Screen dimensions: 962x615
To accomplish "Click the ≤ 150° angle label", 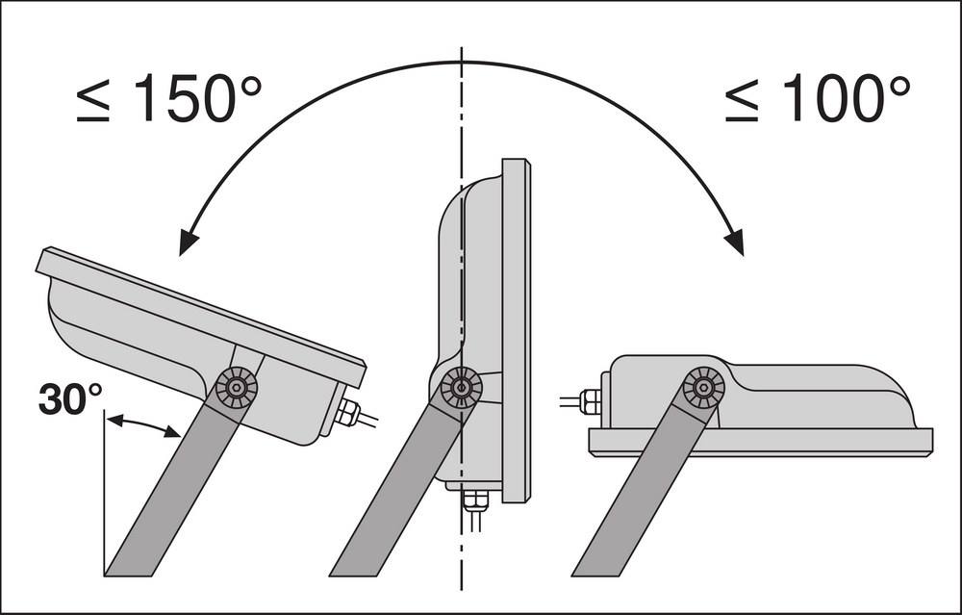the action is [169, 98].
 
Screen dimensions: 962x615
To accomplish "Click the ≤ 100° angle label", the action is [817, 98].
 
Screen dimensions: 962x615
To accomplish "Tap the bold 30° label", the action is [70, 399].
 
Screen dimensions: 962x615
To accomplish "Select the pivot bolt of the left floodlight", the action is [237, 387].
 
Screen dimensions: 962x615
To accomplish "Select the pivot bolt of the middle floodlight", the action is [461, 387].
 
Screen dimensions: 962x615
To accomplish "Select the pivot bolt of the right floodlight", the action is [704, 387].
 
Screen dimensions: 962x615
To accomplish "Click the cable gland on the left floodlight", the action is [347, 413].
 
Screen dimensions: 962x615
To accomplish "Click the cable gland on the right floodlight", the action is [590, 402].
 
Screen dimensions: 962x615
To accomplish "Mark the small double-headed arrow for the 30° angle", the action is [143, 425].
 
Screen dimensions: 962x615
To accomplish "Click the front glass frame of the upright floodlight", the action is [516, 331].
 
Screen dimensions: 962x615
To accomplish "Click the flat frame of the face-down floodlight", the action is [761, 442].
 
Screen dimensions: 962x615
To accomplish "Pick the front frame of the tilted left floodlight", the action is [201, 317].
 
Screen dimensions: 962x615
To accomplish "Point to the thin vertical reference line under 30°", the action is [105, 492].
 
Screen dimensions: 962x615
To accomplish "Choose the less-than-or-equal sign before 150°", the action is [93, 103].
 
